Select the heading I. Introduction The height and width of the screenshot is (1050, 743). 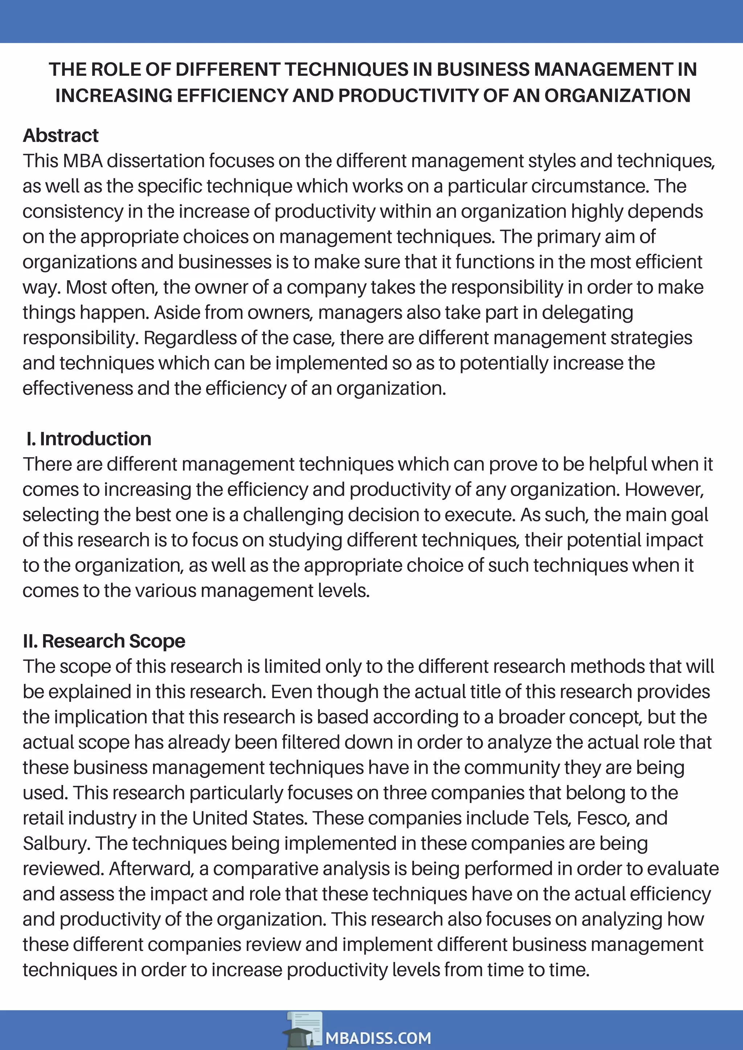pos(89,439)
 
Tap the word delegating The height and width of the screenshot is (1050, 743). pos(587,313)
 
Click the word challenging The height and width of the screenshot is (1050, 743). pos(292,515)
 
